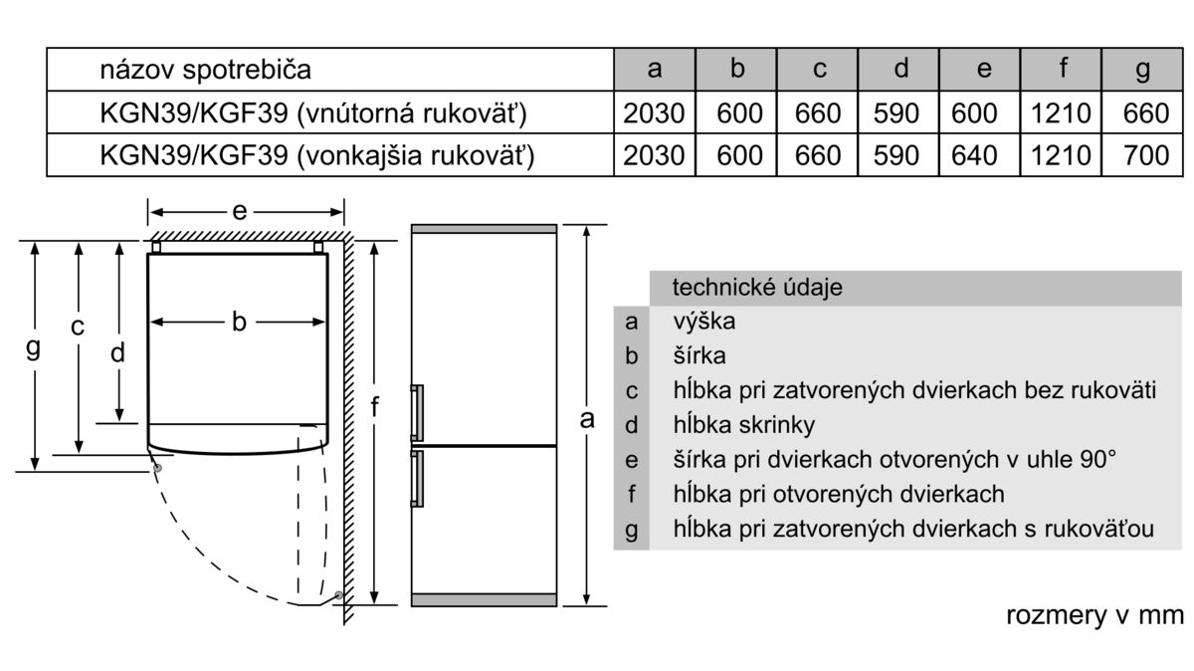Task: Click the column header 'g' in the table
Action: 1142,70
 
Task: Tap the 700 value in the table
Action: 1145,155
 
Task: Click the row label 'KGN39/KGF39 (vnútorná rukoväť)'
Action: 312,113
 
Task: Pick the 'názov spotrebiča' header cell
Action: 205,70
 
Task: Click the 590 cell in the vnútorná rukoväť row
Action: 900,113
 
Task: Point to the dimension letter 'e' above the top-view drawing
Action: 240,211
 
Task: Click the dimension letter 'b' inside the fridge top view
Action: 239,322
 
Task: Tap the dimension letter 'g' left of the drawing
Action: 34,348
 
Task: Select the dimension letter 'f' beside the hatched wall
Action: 375,406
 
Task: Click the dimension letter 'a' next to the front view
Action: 587,418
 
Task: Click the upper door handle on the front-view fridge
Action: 417,411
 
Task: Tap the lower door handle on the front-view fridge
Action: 417,480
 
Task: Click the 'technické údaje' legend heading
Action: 757,288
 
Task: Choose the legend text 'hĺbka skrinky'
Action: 743,425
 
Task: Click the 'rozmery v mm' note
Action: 1094,615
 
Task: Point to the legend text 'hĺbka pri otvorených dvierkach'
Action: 839,494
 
